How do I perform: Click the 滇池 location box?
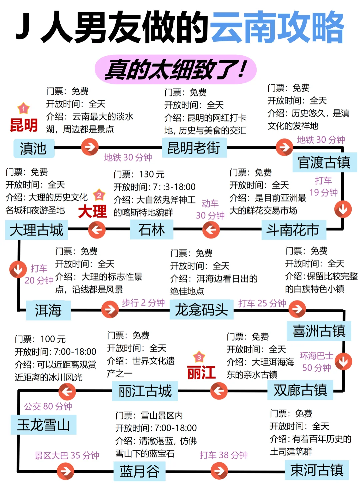point(34,148)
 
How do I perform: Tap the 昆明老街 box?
point(194,148)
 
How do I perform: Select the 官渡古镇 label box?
point(324,162)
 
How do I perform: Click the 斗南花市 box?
point(293,230)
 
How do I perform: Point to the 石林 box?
point(152,230)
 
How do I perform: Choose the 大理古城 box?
point(36,230)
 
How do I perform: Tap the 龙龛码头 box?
point(201,310)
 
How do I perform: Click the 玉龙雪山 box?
point(43,425)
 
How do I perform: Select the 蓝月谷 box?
point(139,471)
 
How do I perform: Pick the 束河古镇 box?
point(317,470)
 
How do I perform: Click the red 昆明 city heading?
point(24,125)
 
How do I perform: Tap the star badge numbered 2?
point(99,195)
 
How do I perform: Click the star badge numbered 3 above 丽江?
point(199,357)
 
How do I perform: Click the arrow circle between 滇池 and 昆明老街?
point(90,147)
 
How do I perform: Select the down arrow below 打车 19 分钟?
point(343,209)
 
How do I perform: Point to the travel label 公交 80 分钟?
point(48,406)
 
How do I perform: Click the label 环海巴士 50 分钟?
point(316,362)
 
